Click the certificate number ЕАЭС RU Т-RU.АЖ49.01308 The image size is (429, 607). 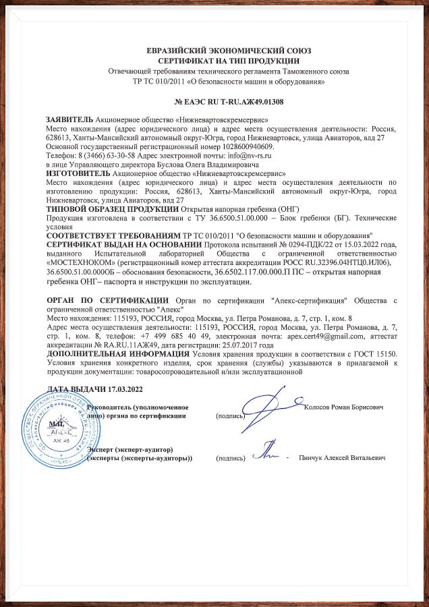point(229,103)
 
